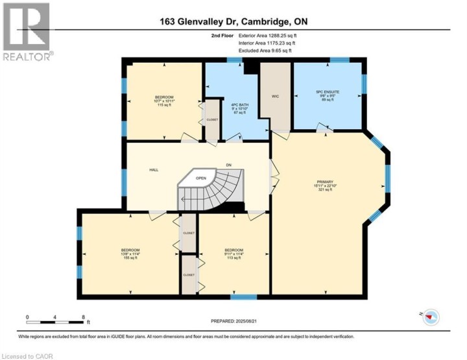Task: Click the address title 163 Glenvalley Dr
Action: point(233,21)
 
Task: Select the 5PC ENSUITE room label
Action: point(328,91)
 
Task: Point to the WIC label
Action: point(275,96)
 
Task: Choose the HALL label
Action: point(154,169)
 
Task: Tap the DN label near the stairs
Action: point(228,164)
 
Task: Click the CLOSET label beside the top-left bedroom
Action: point(212,120)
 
